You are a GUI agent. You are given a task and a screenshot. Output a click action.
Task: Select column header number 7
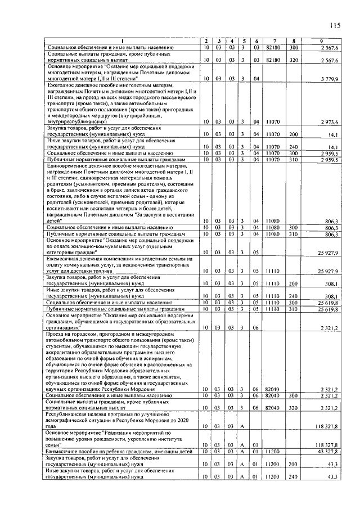click(273, 42)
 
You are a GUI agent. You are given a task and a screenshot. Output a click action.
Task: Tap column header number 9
click(321, 42)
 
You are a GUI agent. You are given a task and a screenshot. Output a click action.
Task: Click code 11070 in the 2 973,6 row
click(273, 122)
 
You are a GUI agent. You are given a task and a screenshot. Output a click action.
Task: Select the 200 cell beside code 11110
click(293, 284)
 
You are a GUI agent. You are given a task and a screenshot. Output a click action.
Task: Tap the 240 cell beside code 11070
click(293, 146)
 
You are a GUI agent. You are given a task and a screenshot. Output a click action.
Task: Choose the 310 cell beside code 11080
click(293, 233)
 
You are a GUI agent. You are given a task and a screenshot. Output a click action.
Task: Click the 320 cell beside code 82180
click(293, 59)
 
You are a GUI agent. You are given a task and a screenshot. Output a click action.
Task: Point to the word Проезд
click(57, 334)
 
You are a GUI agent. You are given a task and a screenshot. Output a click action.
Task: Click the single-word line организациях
click(67, 327)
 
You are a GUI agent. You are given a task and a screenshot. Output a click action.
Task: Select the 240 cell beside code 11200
click(293, 478)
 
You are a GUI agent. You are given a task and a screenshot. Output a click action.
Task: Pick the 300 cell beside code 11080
click(293, 227)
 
